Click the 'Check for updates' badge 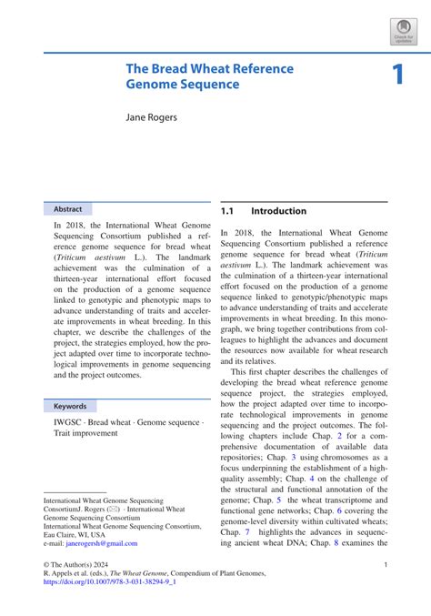pos(403,31)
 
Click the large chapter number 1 pos(397,76)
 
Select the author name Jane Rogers pos(151,118)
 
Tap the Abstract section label pos(68,208)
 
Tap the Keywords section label pos(70,406)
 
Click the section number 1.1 pos(230,211)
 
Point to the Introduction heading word pos(279,211)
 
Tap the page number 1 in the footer pos(386,565)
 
